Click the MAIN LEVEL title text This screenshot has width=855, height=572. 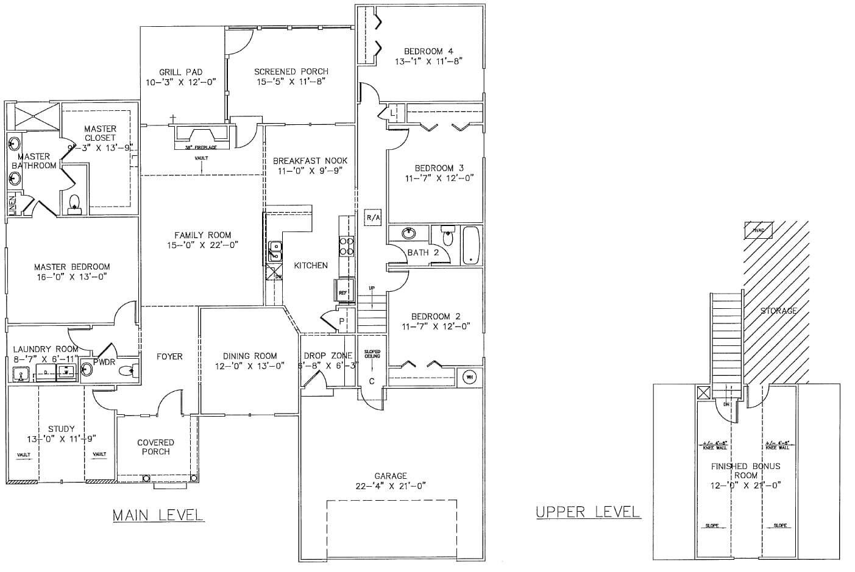click(158, 515)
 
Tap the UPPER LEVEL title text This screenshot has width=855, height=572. click(588, 512)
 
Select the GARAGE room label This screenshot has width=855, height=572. click(391, 476)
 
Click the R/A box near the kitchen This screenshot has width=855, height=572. click(373, 217)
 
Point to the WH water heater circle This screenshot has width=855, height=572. click(469, 377)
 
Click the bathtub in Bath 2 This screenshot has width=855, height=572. click(471, 245)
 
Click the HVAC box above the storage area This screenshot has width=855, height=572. click(758, 230)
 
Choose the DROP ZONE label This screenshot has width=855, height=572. click(327, 356)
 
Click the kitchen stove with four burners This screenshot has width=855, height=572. click(347, 245)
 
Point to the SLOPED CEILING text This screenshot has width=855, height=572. click(372, 354)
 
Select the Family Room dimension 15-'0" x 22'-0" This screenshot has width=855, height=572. click(203, 245)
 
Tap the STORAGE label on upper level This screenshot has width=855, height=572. click(778, 311)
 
